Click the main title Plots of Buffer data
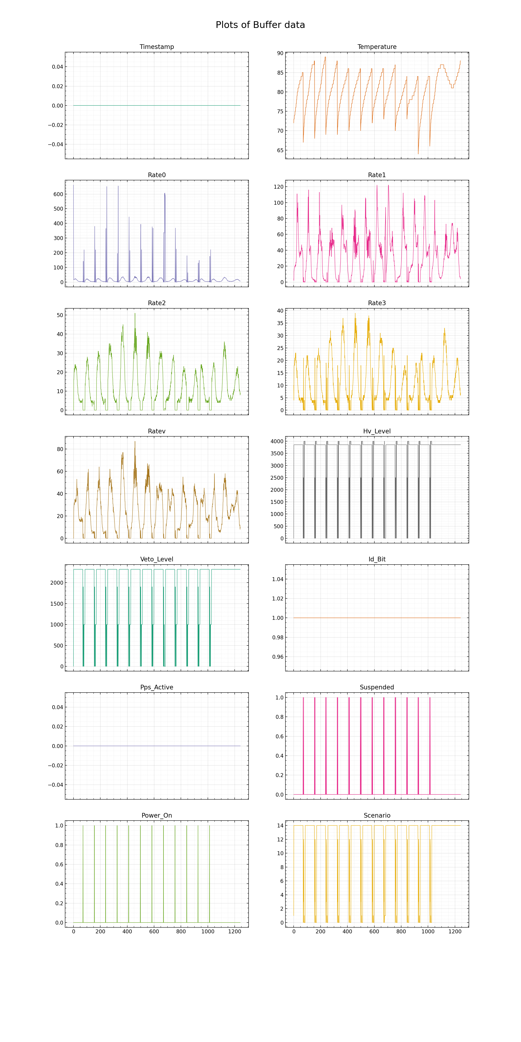click(260, 25)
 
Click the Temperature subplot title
click(377, 47)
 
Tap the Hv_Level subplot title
click(377, 431)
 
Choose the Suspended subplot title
click(377, 687)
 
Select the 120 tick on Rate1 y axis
click(279, 187)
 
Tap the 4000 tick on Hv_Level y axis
click(277, 441)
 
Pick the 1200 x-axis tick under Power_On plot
click(235, 932)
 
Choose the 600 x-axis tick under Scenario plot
click(374, 932)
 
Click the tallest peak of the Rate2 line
click(135, 314)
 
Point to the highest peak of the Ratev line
click(135, 441)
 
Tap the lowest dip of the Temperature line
click(418, 154)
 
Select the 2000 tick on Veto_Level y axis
click(57, 583)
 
